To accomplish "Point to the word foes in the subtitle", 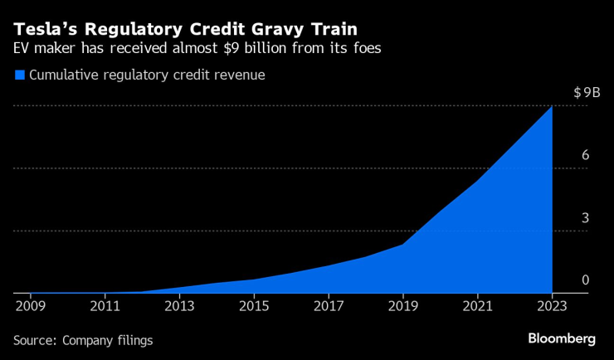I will point(367,48).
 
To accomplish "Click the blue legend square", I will point(20,75).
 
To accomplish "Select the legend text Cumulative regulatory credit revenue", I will point(147,75).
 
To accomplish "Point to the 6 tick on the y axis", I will point(585,155).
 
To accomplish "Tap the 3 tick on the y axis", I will point(585,218).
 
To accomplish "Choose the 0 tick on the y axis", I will point(585,280).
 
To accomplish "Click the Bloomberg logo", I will point(562,338).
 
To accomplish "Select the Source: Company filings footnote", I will point(83,340).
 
